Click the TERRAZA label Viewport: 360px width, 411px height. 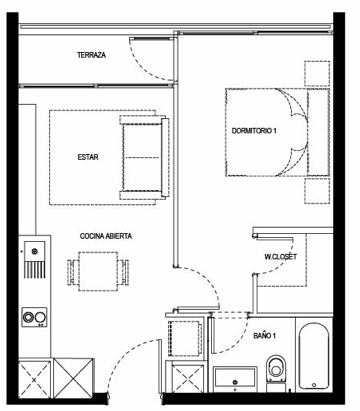click(x=91, y=55)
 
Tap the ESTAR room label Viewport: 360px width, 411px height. click(x=88, y=157)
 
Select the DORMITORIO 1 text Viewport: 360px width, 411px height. click(x=254, y=131)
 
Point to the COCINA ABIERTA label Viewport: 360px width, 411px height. click(x=106, y=236)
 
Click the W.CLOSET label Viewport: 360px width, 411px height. click(x=280, y=257)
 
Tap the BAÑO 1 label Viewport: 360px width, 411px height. click(x=264, y=336)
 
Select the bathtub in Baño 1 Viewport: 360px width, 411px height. click(x=314, y=356)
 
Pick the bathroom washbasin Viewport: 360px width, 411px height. click(x=235, y=379)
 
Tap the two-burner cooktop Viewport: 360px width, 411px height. click(x=34, y=317)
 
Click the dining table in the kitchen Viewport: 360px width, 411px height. click(x=98, y=271)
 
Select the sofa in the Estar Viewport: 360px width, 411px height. click(x=143, y=157)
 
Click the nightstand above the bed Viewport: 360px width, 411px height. click(x=317, y=74)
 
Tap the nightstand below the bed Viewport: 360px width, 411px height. click(x=317, y=191)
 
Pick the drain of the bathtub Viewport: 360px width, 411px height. click(x=314, y=385)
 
